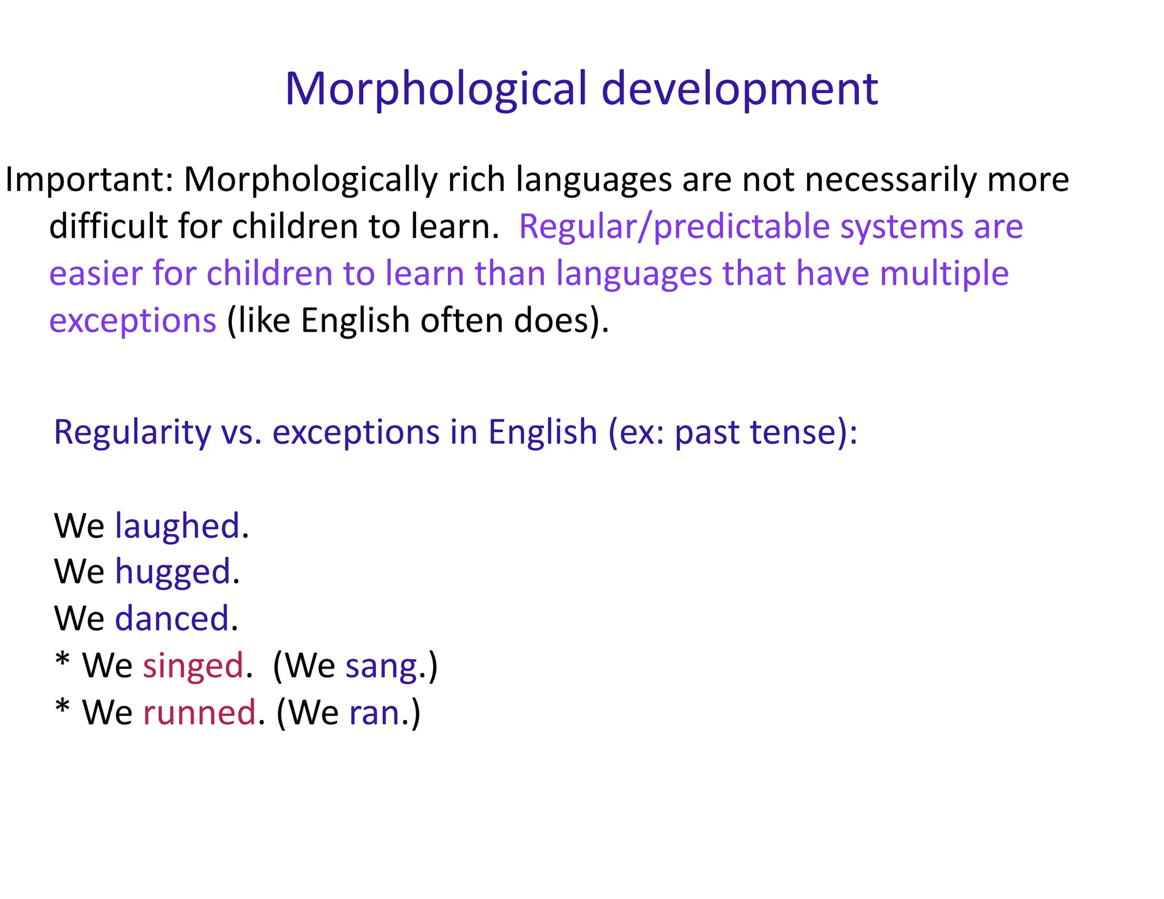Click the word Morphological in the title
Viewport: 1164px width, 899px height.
(435, 89)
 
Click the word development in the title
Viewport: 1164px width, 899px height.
(739, 89)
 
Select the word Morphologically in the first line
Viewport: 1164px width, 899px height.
(310, 180)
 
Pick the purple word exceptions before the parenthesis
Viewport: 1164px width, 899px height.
(132, 321)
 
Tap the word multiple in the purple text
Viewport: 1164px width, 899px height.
(944, 273)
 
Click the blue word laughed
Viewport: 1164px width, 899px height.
(177, 526)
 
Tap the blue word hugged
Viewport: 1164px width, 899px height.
(173, 572)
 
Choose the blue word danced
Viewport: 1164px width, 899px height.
(172, 618)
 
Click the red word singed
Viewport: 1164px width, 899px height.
(193, 665)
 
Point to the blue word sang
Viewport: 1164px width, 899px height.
(381, 667)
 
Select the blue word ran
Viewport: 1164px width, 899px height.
(375, 713)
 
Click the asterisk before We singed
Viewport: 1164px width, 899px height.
(63, 661)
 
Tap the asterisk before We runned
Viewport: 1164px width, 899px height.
(63, 707)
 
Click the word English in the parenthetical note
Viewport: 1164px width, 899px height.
(355, 321)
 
